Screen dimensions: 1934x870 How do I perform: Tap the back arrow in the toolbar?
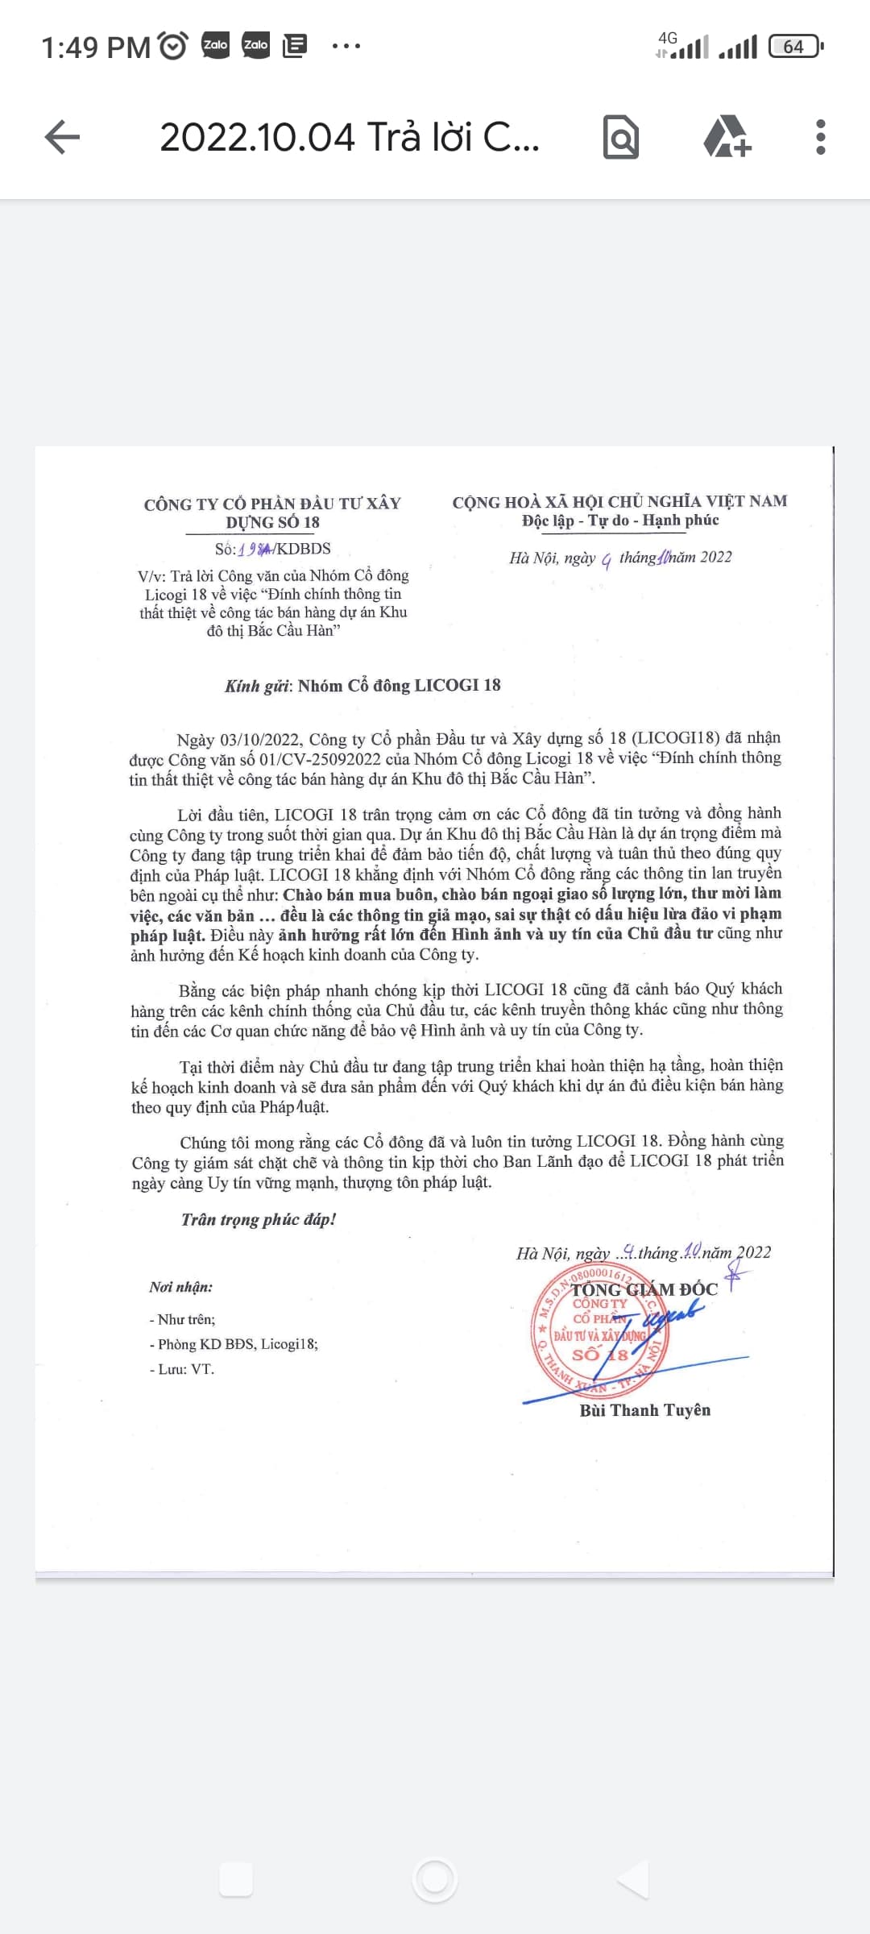[62, 137]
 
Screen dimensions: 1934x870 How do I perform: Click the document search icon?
[621, 137]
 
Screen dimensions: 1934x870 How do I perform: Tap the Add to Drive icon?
[727, 137]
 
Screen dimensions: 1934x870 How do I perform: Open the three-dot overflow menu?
[820, 137]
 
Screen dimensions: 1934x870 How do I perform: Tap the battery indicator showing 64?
[795, 47]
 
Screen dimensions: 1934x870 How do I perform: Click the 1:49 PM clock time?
[95, 48]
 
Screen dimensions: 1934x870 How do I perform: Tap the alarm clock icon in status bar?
[173, 46]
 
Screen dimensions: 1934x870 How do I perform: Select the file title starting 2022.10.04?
[349, 137]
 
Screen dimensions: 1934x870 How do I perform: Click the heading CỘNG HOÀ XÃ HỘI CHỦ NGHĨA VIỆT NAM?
[619, 501]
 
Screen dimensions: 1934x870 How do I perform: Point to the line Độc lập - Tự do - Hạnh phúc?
[619, 521]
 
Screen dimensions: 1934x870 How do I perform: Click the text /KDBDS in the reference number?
[303, 549]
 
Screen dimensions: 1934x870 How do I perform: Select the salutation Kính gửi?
[257, 686]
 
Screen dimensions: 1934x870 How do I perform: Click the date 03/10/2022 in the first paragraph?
[260, 739]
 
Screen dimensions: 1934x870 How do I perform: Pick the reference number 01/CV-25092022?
[320, 759]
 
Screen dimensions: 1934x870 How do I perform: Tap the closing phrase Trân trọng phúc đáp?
[259, 1219]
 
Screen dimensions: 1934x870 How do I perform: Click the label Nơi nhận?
[181, 1287]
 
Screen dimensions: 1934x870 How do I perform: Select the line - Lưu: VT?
[182, 1369]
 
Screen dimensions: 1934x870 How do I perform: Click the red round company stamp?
[600, 1330]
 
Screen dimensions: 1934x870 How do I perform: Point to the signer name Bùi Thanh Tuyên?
[644, 1410]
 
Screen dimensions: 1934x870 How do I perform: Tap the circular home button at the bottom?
[435, 1879]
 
